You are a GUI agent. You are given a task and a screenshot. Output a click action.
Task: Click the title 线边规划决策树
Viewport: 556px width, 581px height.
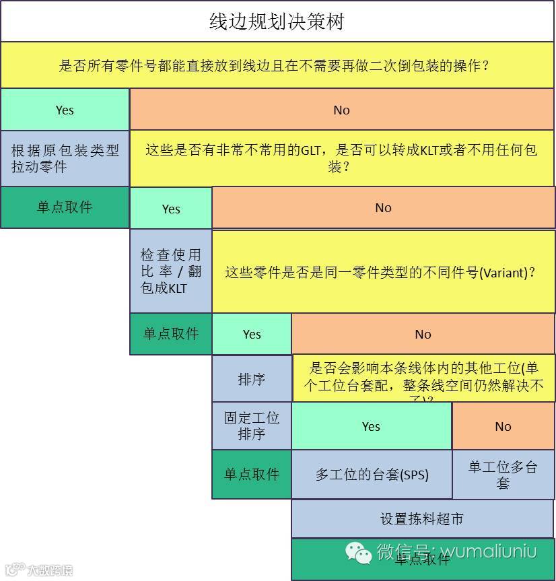click(x=277, y=22)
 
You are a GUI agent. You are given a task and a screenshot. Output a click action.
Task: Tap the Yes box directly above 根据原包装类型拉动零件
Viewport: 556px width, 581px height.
click(x=65, y=110)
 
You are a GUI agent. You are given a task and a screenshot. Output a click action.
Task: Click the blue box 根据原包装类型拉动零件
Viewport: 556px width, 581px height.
click(x=65, y=158)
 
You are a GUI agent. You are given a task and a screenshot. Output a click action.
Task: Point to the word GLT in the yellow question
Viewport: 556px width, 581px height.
click(x=311, y=150)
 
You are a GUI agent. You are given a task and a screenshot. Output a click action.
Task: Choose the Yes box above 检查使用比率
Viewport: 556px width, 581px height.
click(x=171, y=209)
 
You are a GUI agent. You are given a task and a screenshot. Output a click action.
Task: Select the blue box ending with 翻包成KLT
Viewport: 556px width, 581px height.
click(x=171, y=271)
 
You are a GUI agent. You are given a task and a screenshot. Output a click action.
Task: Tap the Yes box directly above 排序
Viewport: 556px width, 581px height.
click(x=252, y=334)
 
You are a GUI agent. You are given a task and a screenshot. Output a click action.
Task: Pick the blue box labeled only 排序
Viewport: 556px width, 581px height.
click(x=252, y=379)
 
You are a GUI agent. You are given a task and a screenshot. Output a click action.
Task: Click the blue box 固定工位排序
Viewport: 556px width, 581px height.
click(x=252, y=425)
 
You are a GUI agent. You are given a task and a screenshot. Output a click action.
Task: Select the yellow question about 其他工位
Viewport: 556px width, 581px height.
click(x=423, y=378)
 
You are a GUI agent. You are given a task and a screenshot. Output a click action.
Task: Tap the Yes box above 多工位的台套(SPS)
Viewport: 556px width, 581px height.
click(x=371, y=426)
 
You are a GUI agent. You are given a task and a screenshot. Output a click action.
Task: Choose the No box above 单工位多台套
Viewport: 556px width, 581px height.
click(x=503, y=426)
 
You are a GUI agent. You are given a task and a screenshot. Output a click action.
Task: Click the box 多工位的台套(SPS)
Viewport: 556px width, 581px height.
click(x=372, y=474)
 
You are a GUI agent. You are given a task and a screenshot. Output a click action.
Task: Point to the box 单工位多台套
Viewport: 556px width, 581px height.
click(x=503, y=475)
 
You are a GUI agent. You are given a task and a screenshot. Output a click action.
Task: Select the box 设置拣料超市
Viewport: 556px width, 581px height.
click(x=422, y=519)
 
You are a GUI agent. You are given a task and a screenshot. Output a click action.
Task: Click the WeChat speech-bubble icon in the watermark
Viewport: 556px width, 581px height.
click(x=359, y=553)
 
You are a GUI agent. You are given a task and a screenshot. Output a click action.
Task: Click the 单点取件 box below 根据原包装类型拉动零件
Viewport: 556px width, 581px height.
click(x=65, y=207)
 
